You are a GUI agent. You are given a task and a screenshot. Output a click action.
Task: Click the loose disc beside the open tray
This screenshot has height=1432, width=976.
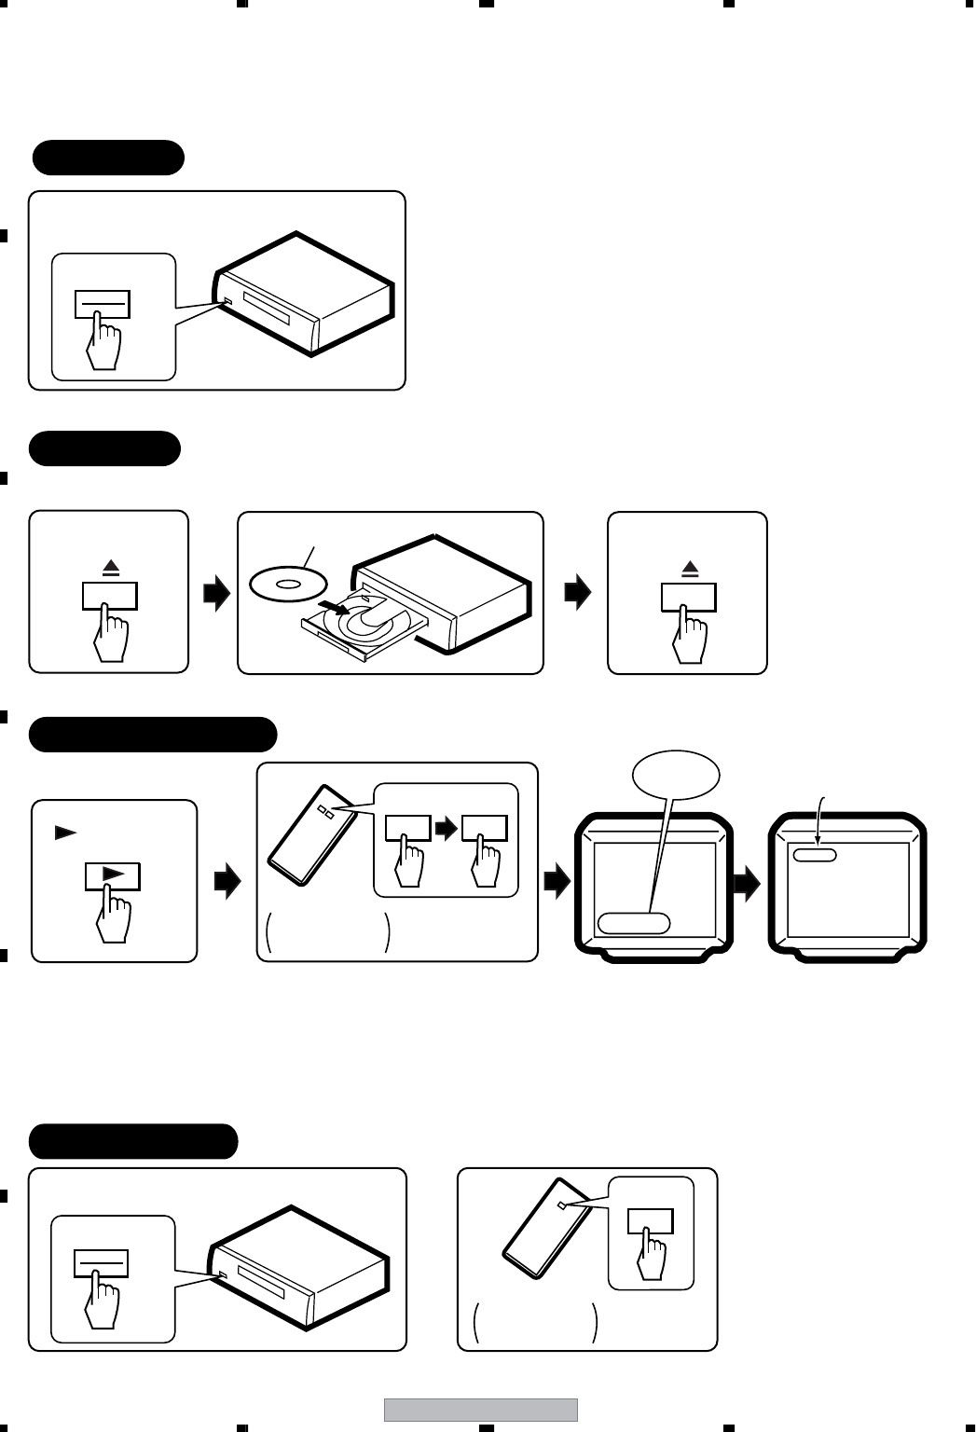pyautogui.click(x=288, y=585)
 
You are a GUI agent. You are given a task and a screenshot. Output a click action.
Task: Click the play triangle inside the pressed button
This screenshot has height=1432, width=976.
pyautogui.click(x=112, y=874)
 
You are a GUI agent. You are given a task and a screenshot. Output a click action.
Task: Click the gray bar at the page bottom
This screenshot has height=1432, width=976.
pyautogui.click(x=480, y=1410)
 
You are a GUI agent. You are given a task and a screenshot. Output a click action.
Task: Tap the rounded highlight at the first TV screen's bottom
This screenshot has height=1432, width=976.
pyautogui.click(x=634, y=923)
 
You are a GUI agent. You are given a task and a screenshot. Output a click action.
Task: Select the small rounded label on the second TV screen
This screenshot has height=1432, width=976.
pyautogui.click(x=815, y=854)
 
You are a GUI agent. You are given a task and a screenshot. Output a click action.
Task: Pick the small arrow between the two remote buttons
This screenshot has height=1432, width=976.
pyautogui.click(x=446, y=828)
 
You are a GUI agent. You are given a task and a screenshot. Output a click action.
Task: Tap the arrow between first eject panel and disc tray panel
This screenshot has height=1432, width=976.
pyautogui.click(x=215, y=593)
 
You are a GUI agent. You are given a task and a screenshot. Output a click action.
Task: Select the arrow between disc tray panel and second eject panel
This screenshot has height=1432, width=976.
pyautogui.click(x=578, y=593)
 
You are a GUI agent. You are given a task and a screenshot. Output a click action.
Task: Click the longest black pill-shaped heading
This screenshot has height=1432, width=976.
pyautogui.click(x=153, y=735)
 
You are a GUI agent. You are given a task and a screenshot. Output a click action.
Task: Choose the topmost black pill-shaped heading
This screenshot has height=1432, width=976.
pyautogui.click(x=108, y=158)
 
